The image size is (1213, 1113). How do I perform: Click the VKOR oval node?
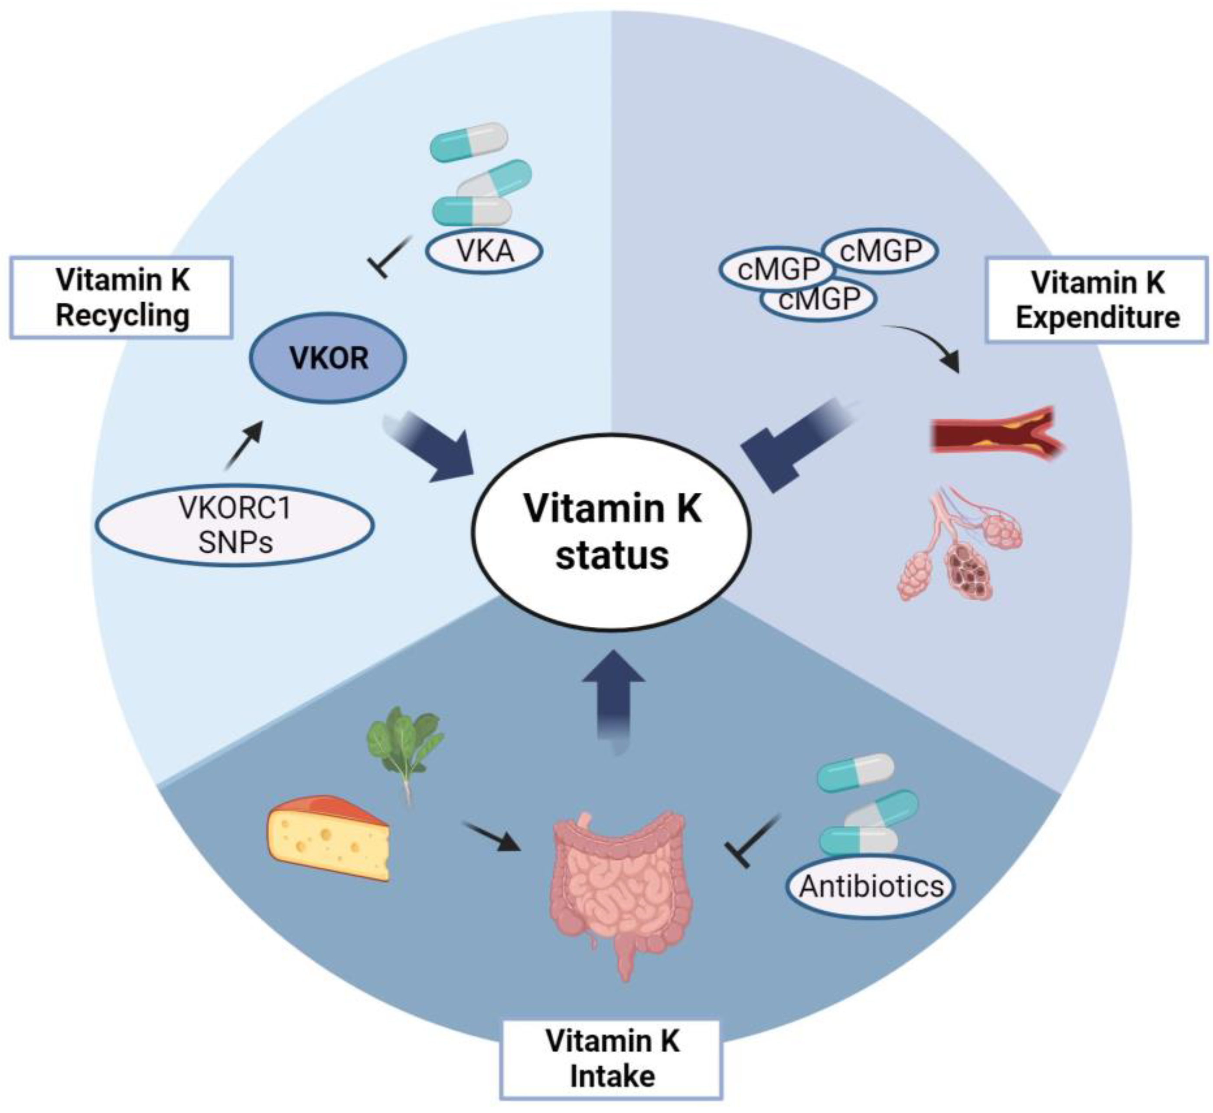click(328, 358)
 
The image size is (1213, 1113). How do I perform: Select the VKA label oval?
click(485, 251)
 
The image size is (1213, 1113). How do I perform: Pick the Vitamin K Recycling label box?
click(121, 298)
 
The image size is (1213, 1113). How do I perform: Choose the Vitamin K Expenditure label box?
click(1097, 300)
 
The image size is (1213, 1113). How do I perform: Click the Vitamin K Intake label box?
click(612, 1059)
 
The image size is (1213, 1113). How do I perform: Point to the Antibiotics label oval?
click(871, 886)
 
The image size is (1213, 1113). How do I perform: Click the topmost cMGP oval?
click(880, 251)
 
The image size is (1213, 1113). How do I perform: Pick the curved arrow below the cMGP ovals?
click(927, 346)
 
